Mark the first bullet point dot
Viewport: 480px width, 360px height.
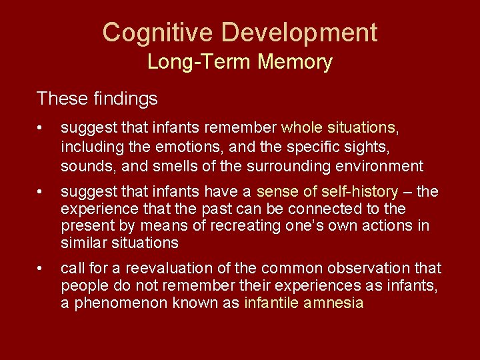[41, 127]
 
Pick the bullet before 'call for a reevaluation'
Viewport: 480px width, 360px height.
[41, 269]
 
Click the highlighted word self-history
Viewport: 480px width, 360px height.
[361, 192]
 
